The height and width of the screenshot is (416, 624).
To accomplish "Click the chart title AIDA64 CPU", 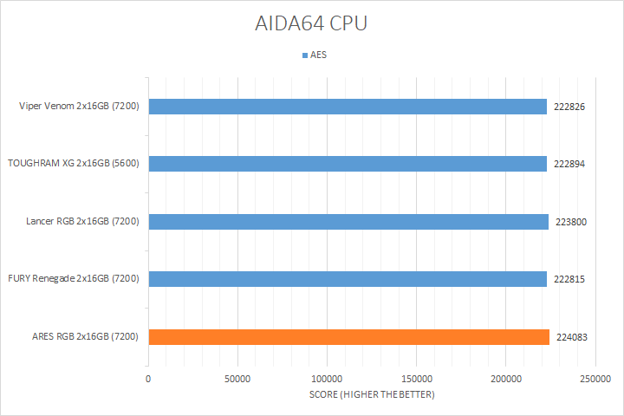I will (311, 23).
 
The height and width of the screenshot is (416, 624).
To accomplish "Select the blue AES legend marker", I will (305, 55).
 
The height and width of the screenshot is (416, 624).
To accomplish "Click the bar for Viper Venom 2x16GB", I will (347, 107).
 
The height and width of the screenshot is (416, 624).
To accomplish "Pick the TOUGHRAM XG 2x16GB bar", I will (347, 164).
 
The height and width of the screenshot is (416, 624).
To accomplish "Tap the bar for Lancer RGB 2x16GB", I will (347, 222).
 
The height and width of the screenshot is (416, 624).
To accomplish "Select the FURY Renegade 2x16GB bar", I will (347, 279).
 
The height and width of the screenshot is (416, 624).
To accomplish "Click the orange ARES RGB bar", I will (347, 337).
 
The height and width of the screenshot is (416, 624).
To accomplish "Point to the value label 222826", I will (570, 107).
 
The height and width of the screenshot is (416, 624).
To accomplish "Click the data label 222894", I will (570, 164).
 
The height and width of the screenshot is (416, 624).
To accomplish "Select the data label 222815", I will (570, 279).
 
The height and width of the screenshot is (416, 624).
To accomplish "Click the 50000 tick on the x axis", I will (237, 379).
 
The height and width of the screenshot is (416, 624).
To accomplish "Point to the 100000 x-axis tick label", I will (327, 379).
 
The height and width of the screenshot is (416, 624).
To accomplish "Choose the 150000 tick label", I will (417, 379).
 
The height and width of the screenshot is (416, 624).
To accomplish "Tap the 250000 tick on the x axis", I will (595, 379).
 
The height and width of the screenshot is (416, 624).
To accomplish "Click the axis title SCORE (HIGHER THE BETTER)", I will (372, 395).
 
